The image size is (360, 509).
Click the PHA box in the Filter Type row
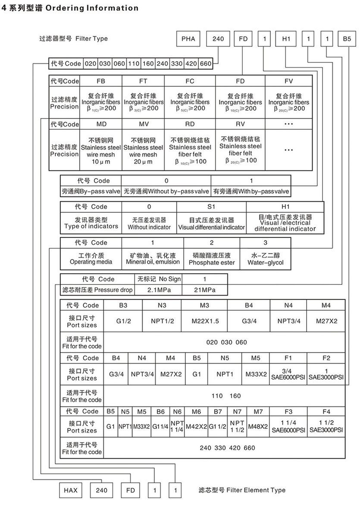click(x=188, y=39)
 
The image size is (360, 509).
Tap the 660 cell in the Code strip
click(x=206, y=64)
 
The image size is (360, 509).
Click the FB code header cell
click(x=100, y=81)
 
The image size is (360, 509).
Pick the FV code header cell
click(x=288, y=81)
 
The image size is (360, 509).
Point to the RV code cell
click(x=240, y=124)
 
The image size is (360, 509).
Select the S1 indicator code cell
click(x=211, y=207)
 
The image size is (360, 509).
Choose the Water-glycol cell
click(x=266, y=259)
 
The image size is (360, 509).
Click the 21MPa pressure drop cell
click(x=204, y=290)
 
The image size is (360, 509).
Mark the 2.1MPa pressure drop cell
click(x=159, y=290)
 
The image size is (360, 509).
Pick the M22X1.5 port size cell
click(x=205, y=322)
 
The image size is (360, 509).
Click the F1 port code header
click(x=288, y=358)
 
